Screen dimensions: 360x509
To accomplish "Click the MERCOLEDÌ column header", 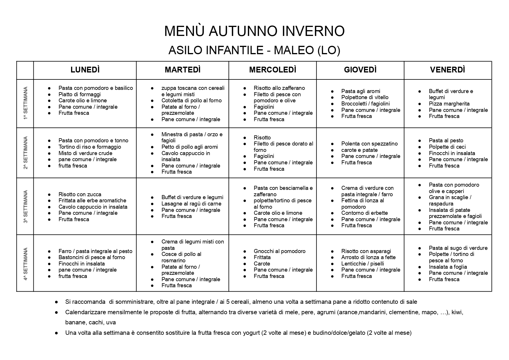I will pos(272,70).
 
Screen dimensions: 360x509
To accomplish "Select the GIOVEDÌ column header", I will pos(360,70).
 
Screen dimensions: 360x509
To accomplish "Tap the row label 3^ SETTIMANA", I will pos(25,206).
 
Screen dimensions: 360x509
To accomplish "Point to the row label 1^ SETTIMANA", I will pos(25,103).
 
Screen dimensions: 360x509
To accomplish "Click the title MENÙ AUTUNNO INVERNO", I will pos(254,31).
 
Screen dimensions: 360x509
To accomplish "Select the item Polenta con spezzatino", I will pos(369,144).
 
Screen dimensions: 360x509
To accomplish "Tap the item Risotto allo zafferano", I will pos(279,88).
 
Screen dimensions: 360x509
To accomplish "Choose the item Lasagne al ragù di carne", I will pos(191,203).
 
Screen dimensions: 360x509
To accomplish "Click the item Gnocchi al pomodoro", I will pos(279,251).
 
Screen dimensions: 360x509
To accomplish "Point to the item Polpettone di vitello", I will pos(365,97).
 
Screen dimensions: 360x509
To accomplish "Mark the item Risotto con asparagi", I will pos(366,251).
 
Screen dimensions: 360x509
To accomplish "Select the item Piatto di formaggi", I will pos(79,94).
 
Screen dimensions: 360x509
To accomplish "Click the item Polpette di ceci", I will pos(447,147).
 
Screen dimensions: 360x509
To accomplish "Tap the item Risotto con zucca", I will pos(80,194).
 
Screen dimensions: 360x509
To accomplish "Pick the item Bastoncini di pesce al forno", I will pos(92,257).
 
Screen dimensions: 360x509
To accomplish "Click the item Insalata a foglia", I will pos(448,267).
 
